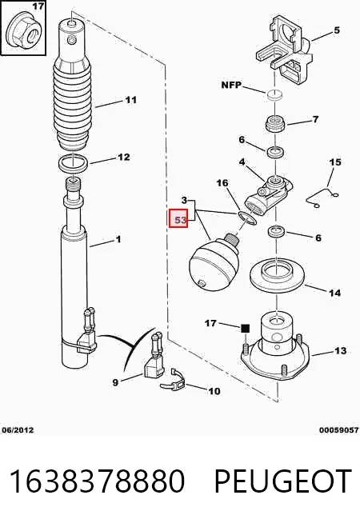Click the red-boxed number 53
(180, 220)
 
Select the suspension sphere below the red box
(214, 261)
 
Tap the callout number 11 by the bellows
(131, 100)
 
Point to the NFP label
(231, 85)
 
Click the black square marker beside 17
(246, 329)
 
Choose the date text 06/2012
(18, 430)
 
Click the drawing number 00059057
(338, 430)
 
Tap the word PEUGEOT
(282, 481)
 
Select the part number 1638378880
(97, 481)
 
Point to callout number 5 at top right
(337, 30)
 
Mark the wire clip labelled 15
(322, 198)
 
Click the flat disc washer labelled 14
(278, 275)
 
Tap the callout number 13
(340, 350)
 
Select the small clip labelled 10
(173, 381)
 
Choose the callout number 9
(115, 382)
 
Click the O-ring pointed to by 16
(247, 218)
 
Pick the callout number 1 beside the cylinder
(118, 239)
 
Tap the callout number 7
(316, 118)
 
